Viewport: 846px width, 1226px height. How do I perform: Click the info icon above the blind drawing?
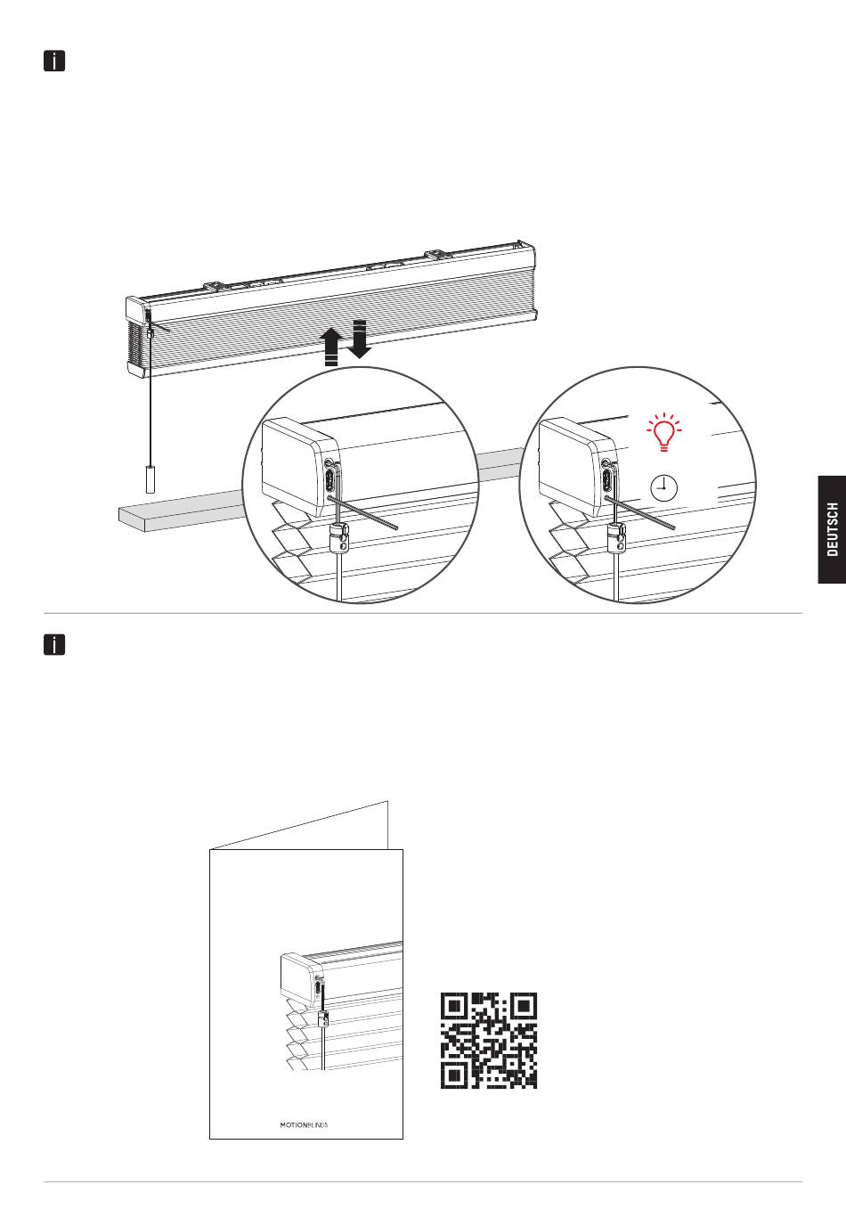click(54, 61)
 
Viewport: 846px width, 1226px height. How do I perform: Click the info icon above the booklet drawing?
click(54, 644)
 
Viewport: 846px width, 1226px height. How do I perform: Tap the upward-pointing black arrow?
click(332, 346)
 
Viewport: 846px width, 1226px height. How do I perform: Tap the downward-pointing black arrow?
click(359, 339)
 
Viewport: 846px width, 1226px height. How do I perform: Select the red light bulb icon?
click(664, 432)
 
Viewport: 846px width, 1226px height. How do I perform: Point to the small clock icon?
click(664, 487)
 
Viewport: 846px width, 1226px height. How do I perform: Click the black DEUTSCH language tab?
click(832, 529)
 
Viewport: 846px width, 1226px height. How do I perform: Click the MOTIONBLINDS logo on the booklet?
click(304, 1125)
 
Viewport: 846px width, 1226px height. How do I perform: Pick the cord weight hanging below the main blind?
click(150, 479)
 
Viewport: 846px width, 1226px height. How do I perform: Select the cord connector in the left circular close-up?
click(339, 538)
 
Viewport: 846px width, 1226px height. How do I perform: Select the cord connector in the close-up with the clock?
click(617, 538)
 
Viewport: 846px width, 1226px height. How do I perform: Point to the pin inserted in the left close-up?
click(363, 512)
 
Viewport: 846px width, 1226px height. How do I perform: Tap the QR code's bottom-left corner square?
click(454, 1075)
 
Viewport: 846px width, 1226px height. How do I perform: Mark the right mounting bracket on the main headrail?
click(435, 255)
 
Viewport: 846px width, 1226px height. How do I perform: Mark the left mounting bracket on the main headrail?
click(215, 286)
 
